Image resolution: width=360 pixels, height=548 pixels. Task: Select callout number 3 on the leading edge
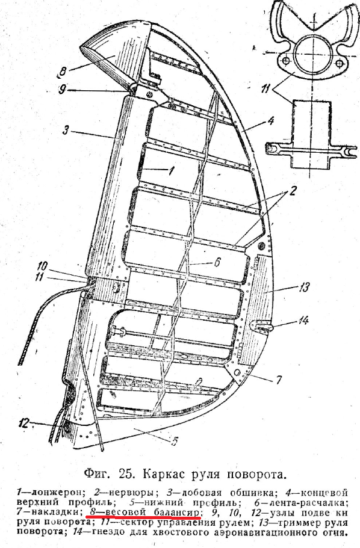(x=65, y=130)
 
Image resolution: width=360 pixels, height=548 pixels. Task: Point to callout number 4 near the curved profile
(x=270, y=120)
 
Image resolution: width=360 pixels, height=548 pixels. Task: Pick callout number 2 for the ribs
(x=292, y=191)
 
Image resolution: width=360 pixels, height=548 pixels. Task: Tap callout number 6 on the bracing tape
(x=217, y=261)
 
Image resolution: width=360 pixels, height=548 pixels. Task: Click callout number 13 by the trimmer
(x=303, y=288)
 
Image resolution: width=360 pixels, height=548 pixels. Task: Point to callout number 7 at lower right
(x=279, y=380)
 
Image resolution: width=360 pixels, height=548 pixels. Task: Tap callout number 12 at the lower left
(x=25, y=423)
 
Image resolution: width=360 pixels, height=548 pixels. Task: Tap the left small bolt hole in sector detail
(x=286, y=61)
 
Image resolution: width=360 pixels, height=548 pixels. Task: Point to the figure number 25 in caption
(x=126, y=473)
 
